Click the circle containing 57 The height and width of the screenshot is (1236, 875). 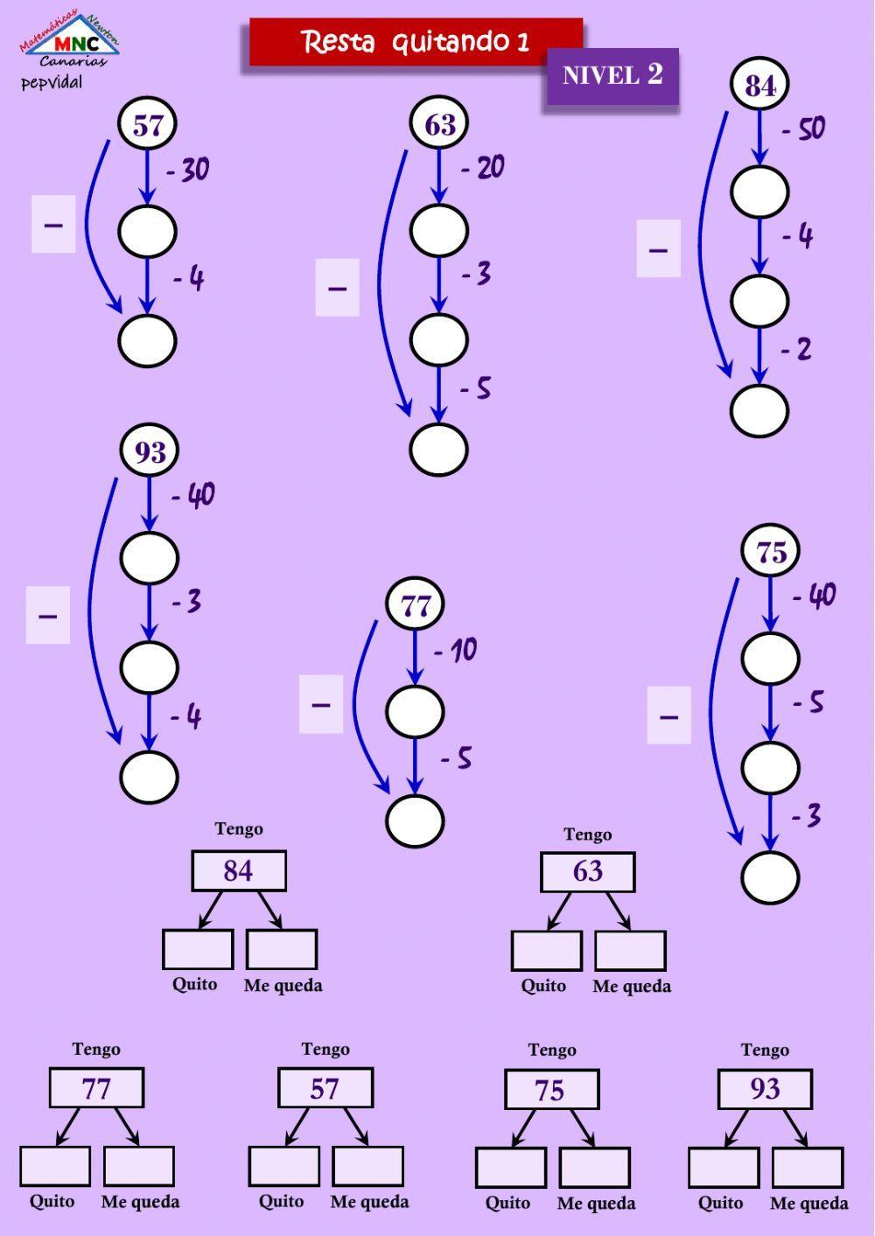point(147,125)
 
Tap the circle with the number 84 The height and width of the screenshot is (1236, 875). point(759,85)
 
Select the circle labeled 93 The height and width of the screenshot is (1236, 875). point(150,451)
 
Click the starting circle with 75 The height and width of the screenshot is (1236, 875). point(771,552)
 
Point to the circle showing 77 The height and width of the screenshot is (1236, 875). point(416,605)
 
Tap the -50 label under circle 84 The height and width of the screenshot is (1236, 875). point(803,129)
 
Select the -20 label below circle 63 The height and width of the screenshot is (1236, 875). point(483,167)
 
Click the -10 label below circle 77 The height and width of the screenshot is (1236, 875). point(456,650)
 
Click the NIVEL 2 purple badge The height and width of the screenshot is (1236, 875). point(612,75)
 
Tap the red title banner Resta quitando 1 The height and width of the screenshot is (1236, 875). point(416,42)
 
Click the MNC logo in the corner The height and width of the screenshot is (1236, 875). point(70,44)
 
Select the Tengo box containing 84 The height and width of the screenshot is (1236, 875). point(239,871)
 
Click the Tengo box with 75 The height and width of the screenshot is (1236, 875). point(551,1090)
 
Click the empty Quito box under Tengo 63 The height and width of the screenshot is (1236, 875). point(546,951)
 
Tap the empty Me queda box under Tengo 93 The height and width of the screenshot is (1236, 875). point(808,1168)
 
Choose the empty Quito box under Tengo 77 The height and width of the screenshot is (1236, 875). point(55,1166)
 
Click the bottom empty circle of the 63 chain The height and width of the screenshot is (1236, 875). point(438,449)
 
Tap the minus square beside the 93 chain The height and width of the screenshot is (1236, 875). point(48,616)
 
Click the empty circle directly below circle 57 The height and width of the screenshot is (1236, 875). point(147,232)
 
